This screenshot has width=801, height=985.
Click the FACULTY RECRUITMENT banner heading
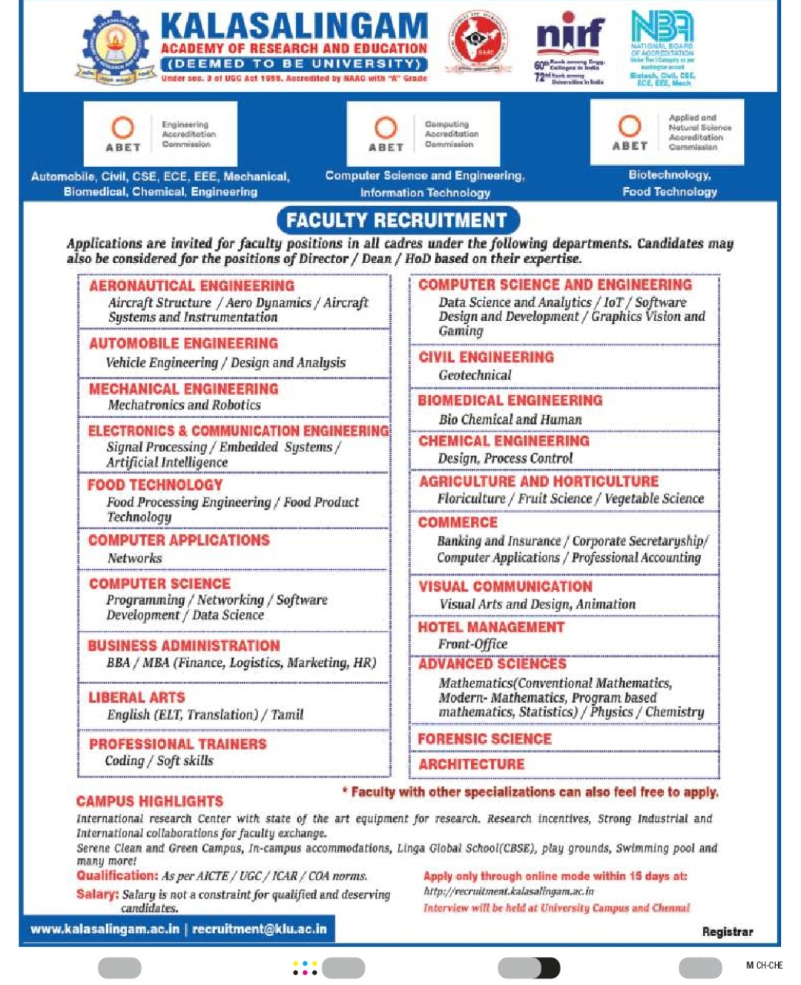[x=398, y=220]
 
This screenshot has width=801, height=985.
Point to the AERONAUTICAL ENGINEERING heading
[x=191, y=286]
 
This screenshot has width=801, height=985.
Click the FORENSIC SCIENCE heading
[x=484, y=739]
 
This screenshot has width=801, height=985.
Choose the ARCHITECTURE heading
[x=471, y=764]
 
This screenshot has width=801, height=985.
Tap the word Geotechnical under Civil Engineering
[x=475, y=375]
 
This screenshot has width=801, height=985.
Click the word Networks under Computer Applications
[x=134, y=558]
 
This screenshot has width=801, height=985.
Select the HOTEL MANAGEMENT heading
[x=491, y=627]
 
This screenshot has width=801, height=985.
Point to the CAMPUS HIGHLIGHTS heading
[x=149, y=801]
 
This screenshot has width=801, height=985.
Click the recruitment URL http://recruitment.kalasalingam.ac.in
[x=508, y=892]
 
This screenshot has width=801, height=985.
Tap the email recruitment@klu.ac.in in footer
[x=259, y=929]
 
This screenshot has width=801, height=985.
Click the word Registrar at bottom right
[x=727, y=932]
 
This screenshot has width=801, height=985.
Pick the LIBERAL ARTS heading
[x=136, y=697]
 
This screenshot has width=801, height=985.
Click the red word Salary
[x=96, y=894]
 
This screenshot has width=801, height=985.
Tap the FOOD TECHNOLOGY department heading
[x=155, y=485]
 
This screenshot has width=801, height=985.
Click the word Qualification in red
[x=116, y=875]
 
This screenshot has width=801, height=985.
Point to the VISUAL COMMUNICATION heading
[x=505, y=586]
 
